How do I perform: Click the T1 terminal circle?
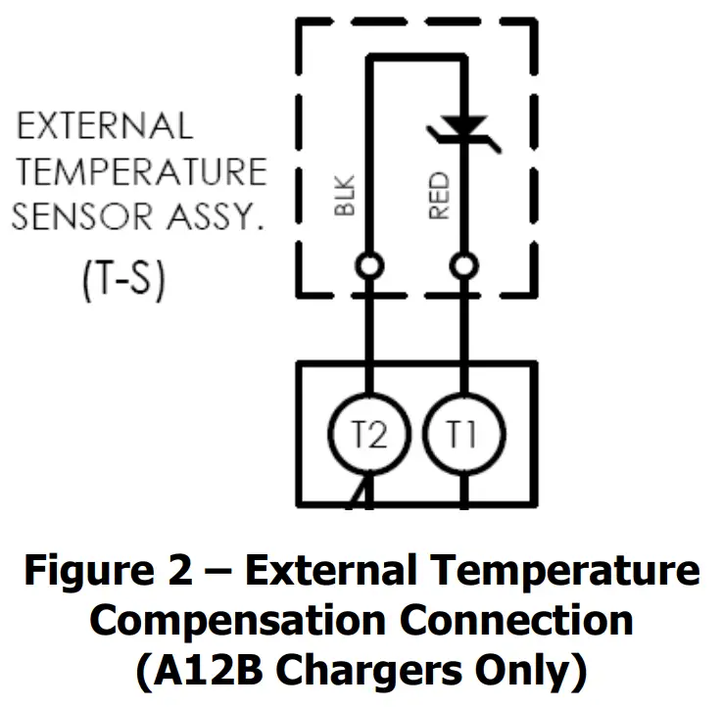463,435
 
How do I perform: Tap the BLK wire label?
343,196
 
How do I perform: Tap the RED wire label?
438,196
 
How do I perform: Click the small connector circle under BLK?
368,265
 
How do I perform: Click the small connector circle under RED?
463,265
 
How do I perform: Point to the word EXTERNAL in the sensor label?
106,126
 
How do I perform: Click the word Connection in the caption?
509,621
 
